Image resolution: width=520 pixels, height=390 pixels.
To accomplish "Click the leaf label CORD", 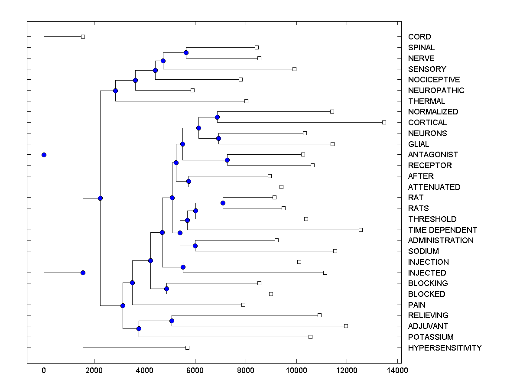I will click(x=419, y=37).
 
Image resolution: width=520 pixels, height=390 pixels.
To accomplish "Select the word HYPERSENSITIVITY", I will click(x=445, y=348).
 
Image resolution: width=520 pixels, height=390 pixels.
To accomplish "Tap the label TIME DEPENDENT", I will click(x=442, y=230).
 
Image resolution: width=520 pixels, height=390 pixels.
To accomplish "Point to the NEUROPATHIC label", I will click(x=436, y=91).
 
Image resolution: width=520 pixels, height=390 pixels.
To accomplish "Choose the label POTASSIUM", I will click(x=431, y=337).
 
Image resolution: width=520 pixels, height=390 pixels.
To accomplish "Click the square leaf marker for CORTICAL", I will click(x=384, y=123).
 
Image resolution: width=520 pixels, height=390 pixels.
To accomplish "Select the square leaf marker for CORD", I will click(x=83, y=37).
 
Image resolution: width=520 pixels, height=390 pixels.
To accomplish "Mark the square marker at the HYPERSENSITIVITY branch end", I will click(x=187, y=348).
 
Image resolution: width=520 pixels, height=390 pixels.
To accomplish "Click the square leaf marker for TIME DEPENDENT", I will click(x=361, y=230).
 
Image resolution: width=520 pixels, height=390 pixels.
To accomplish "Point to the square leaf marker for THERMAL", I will click(x=246, y=101).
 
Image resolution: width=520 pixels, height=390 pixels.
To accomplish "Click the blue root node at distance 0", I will click(x=44, y=155).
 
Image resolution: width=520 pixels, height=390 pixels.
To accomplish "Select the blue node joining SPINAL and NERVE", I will click(x=186, y=53).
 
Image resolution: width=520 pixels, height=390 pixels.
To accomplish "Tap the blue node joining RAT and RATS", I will click(x=223, y=203).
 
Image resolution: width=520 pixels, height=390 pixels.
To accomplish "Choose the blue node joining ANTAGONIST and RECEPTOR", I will click(x=227, y=160).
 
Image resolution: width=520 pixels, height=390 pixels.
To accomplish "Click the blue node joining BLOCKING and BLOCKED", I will click(x=166, y=289).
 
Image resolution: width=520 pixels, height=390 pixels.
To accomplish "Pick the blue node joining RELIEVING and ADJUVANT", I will click(x=172, y=321).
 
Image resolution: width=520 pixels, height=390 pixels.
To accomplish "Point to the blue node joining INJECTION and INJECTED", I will click(x=183, y=267).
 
